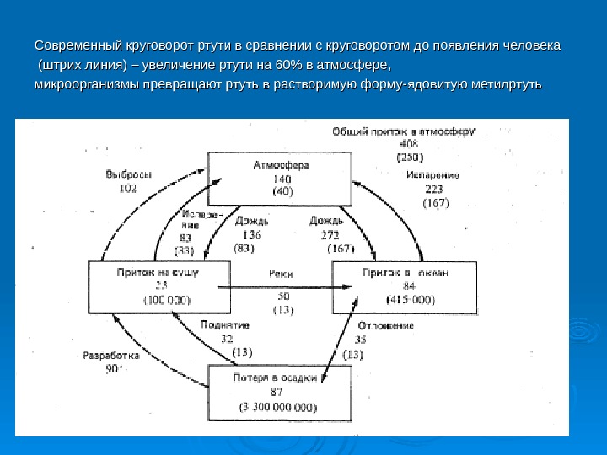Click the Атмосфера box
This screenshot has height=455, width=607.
click(281, 179)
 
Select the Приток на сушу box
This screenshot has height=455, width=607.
click(158, 286)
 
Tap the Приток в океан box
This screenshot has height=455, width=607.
click(405, 286)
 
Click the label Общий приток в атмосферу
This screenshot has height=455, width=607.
click(404, 131)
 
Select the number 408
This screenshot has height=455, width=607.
click(409, 143)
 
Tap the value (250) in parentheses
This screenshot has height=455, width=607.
click(410, 156)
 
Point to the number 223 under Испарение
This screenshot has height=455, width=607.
click(435, 190)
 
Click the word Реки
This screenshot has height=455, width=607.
click(281, 273)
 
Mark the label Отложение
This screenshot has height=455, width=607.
click(385, 325)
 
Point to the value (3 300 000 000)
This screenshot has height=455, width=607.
click(279, 407)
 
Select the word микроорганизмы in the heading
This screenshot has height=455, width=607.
click(87, 84)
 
